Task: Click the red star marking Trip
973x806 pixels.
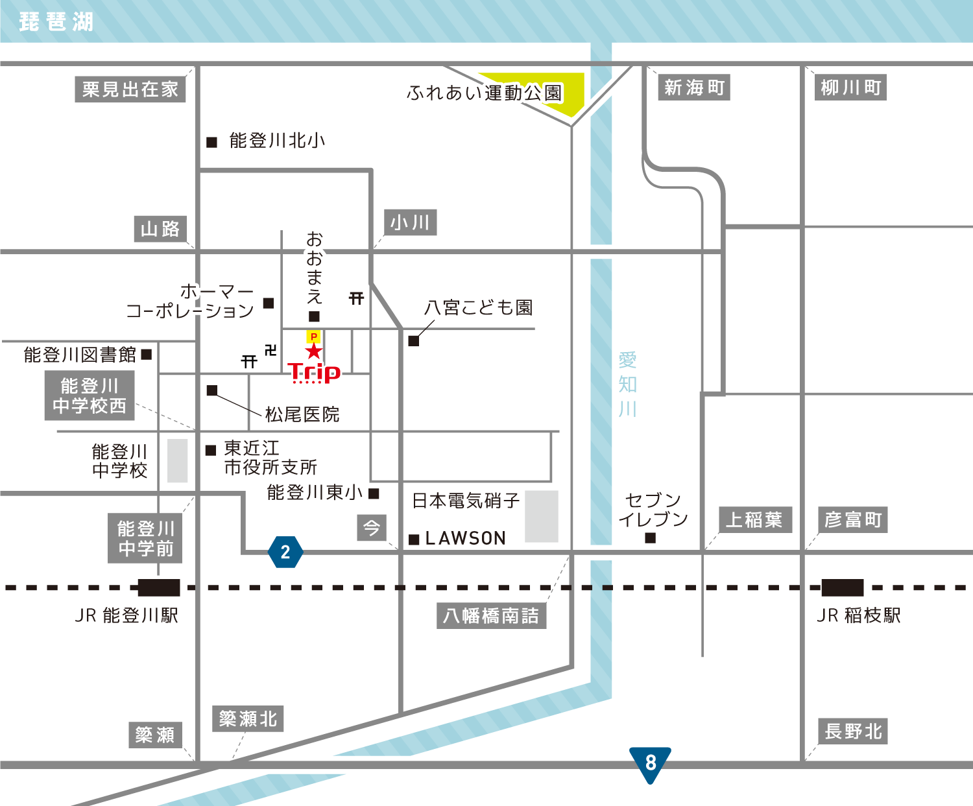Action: click(314, 351)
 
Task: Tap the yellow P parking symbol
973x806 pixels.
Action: click(314, 337)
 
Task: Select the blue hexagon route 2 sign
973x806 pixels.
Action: click(285, 552)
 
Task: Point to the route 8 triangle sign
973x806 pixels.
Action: click(650, 763)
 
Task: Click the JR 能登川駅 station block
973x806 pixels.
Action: click(159, 587)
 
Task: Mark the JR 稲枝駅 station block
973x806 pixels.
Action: click(842, 587)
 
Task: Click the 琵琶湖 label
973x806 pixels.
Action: click(56, 22)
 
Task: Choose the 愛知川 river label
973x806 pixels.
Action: click(627, 384)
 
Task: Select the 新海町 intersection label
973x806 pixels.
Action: click(694, 88)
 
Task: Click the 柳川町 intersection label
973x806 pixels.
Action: click(850, 88)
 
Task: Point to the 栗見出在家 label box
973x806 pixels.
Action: click(130, 89)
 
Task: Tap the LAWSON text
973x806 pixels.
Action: click(465, 538)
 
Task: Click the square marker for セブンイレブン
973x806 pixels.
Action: click(651, 538)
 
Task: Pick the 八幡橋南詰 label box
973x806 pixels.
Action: click(491, 615)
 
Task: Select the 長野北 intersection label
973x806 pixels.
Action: click(852, 731)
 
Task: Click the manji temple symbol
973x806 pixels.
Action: click(270, 350)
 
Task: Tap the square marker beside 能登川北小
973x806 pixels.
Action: click(211, 142)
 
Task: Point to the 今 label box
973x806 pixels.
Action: click(372, 528)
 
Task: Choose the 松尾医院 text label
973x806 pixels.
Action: click(302, 414)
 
